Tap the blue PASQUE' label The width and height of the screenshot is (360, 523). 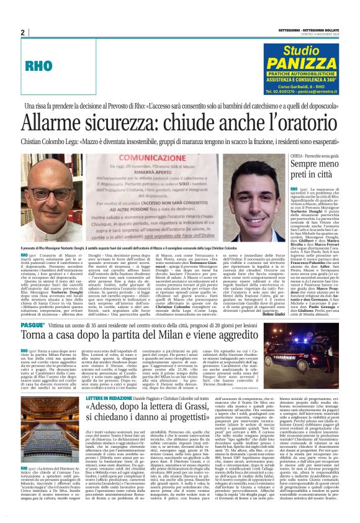tap(32, 324)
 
